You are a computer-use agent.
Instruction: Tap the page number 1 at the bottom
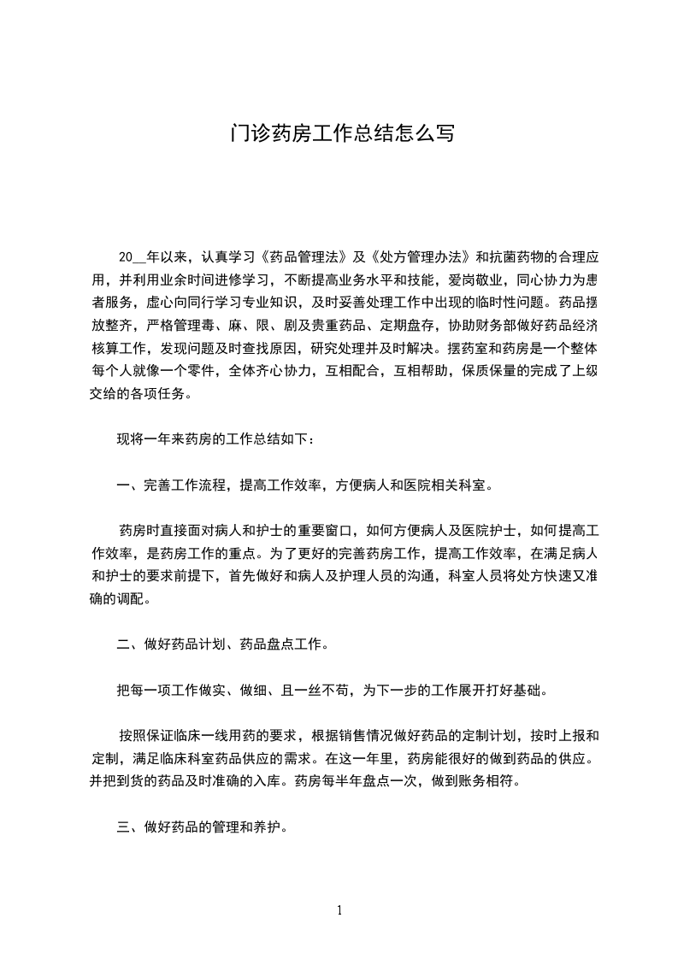(x=339, y=910)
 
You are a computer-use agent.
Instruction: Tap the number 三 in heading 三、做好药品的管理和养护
(x=123, y=828)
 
